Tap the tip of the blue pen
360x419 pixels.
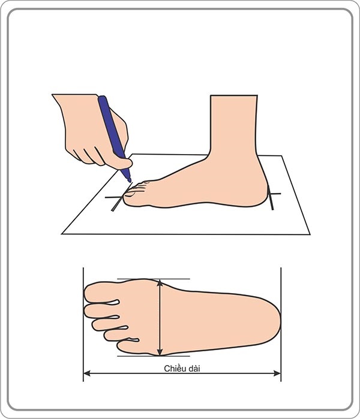pyautogui.click(x=129, y=180)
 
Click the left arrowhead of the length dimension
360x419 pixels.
pyautogui.click(x=86, y=373)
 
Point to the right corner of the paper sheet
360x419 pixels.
pyautogui.click(x=310, y=234)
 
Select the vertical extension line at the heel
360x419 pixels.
pyautogui.click(x=281, y=324)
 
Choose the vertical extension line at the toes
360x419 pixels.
pyautogui.click(x=83, y=324)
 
